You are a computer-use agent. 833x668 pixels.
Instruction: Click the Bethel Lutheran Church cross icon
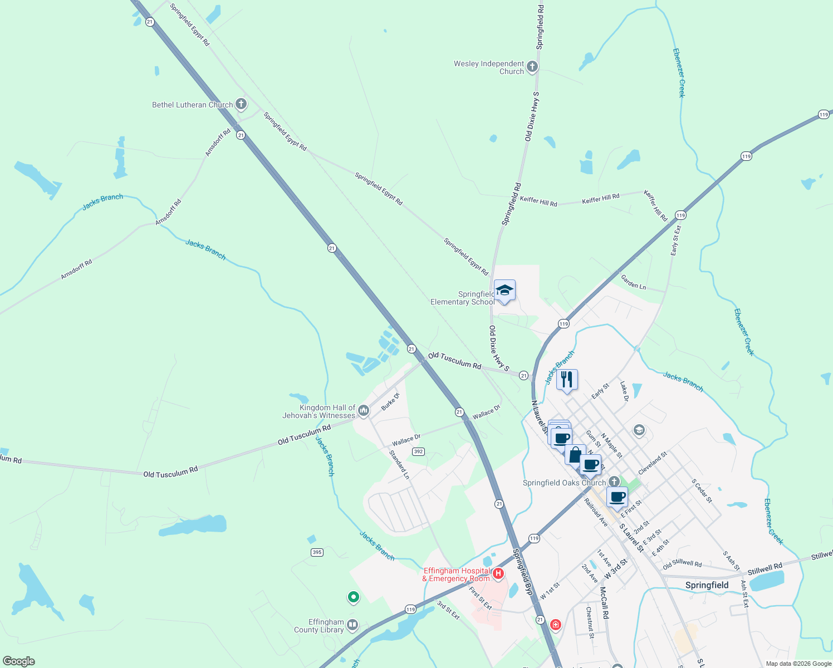[241, 104]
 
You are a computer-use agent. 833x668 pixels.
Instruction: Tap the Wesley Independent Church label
[489, 67]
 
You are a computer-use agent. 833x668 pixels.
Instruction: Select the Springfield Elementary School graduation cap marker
[504, 291]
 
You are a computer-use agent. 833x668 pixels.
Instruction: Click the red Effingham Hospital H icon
[498, 573]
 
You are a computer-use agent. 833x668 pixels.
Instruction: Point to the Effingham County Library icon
[352, 625]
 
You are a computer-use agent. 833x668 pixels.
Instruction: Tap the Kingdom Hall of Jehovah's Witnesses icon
[364, 411]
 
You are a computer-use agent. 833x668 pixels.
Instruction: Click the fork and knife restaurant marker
[567, 380]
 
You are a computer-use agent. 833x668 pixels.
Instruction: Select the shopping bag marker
[575, 455]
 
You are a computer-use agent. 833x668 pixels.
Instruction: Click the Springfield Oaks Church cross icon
[614, 482]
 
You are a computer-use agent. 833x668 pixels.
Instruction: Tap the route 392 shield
[419, 451]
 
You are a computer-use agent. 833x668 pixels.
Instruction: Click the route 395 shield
[317, 552]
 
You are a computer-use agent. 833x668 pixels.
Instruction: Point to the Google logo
[18, 661]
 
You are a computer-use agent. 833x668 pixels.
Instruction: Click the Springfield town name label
[707, 585]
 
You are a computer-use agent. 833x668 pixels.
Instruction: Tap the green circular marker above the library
[353, 597]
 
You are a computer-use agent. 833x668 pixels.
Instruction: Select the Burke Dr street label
[390, 402]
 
